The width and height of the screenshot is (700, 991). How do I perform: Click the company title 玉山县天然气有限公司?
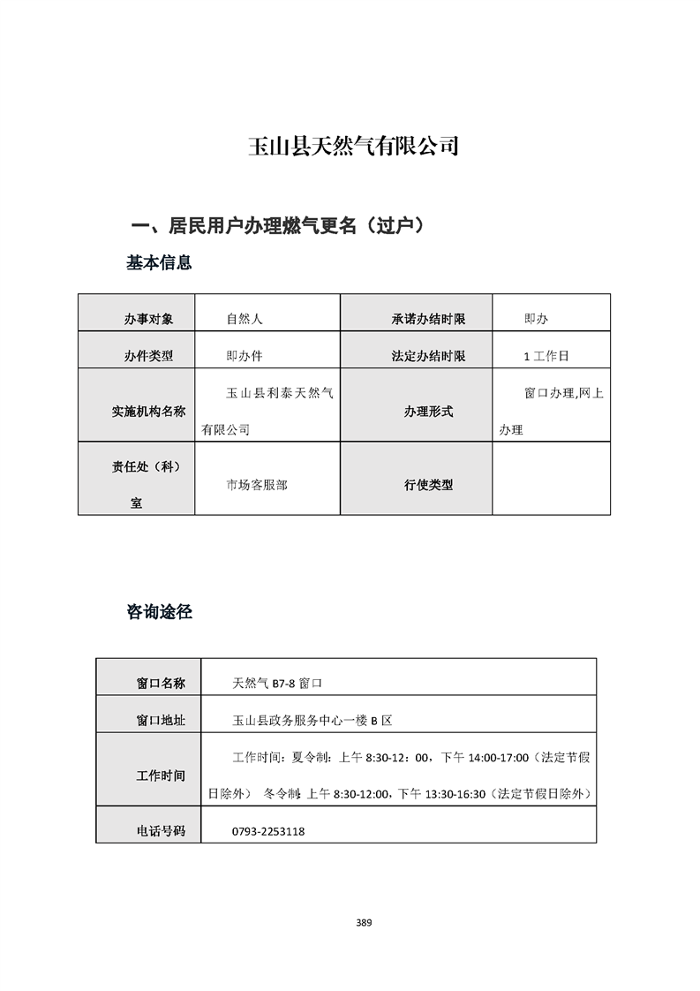tap(353, 146)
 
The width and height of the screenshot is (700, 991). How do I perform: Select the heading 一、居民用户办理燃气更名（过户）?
tap(278, 226)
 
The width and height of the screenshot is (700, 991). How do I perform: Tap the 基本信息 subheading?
tap(159, 262)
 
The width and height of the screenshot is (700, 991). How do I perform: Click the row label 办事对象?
tap(148, 319)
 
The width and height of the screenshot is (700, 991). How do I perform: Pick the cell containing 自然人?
tap(245, 319)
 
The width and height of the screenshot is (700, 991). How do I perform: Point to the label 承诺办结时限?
tap(428, 319)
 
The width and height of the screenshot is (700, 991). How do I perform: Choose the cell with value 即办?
tap(536, 319)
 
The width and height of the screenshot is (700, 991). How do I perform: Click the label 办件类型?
tap(148, 356)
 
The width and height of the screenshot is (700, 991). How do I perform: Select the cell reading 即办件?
tap(245, 356)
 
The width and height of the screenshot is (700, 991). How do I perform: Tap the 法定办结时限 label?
tap(428, 356)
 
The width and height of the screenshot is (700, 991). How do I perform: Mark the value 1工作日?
tap(546, 356)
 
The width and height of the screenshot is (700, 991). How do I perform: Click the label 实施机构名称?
tap(148, 411)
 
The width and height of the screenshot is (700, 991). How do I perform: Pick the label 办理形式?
tap(428, 411)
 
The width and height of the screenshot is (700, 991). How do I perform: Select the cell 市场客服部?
tap(257, 484)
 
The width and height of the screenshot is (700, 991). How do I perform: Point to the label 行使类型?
tap(428, 484)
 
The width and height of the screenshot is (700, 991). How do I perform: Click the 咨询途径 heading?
tap(159, 611)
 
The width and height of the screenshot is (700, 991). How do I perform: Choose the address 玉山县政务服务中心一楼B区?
tap(312, 720)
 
